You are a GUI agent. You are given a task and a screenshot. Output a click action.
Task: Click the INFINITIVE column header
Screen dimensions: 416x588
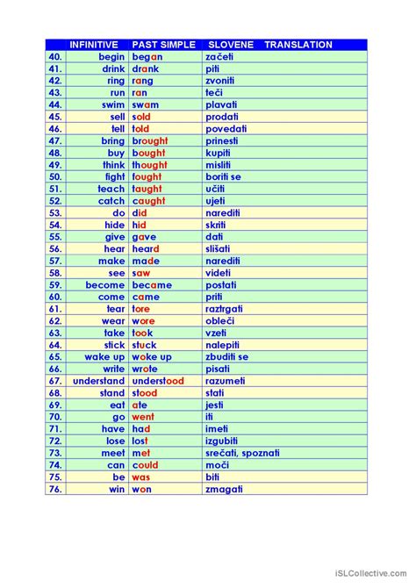tap(94, 44)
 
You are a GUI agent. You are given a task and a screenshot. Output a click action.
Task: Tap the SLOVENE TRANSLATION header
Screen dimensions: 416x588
tap(270, 44)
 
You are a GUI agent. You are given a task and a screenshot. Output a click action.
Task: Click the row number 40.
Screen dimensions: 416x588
tap(55, 56)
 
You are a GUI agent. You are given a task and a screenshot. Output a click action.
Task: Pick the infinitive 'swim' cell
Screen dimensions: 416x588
tap(113, 104)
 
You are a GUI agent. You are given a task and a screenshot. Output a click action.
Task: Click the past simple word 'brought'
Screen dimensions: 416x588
tap(149, 140)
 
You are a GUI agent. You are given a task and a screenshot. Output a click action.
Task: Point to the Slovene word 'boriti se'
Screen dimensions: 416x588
tap(223, 176)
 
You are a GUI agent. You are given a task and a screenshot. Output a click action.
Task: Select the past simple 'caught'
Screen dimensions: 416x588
tap(148, 201)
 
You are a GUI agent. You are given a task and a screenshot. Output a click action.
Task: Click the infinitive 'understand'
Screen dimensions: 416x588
tap(98, 381)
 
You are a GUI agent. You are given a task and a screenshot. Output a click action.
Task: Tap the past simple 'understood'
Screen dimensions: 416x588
tap(158, 381)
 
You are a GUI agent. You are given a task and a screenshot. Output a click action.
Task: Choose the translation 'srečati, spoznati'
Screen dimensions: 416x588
tap(242, 453)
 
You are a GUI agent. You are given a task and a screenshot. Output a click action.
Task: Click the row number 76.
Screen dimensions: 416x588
tap(55, 489)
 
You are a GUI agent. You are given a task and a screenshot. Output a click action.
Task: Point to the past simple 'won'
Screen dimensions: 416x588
tap(142, 489)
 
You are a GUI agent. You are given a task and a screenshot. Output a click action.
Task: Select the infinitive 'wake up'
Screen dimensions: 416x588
tap(104, 357)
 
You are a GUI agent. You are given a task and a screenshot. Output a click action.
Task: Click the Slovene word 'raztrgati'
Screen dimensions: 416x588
tap(224, 309)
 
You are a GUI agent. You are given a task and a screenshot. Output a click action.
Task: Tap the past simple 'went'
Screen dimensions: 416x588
tap(143, 417)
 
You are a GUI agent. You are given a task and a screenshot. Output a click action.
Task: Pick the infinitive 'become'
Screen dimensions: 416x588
tap(105, 285)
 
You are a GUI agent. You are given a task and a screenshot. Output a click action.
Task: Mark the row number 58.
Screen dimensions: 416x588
tap(55, 273)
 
